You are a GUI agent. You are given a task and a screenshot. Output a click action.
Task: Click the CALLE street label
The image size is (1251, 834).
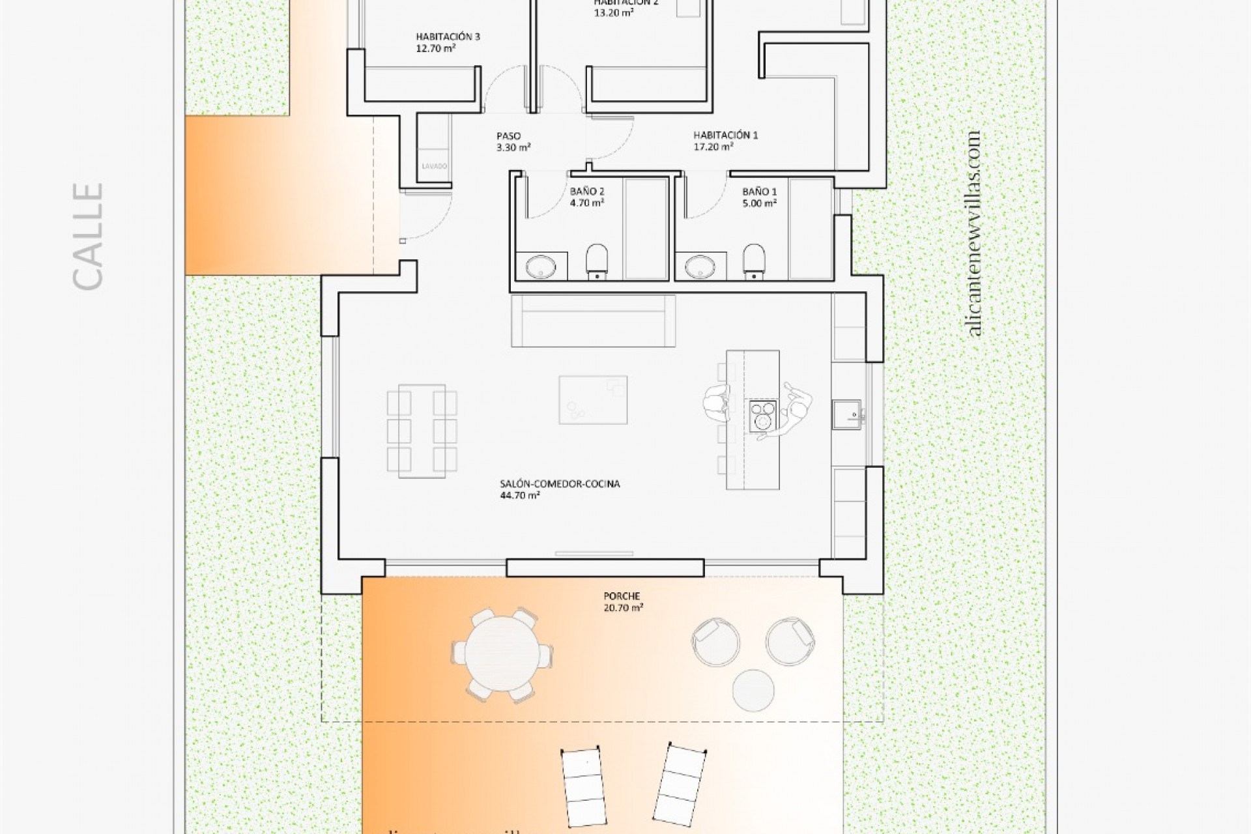coord(87,236)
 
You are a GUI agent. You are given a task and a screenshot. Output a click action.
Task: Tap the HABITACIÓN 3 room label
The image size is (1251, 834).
coord(448,42)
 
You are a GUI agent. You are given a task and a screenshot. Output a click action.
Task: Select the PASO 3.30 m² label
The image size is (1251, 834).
coord(513,141)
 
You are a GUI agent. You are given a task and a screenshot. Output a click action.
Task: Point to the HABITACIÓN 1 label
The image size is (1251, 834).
coord(725,141)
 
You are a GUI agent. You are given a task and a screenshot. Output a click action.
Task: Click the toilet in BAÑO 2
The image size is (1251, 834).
coord(596,261)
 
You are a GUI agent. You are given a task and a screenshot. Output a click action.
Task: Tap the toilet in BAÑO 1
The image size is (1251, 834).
coord(754,261)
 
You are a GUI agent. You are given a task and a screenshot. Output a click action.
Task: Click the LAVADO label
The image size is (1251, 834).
coord(434,166)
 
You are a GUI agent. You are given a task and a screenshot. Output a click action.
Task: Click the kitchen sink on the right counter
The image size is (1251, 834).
coord(846,414)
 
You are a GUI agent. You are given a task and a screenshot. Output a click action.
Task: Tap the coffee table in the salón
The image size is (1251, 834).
coord(593,399)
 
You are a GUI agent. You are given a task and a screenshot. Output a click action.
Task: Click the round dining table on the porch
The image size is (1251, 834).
coord(501,655)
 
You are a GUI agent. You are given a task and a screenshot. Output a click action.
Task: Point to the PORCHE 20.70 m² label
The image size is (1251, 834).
coord(622,601)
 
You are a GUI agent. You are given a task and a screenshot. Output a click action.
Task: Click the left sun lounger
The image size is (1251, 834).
coord(584,787)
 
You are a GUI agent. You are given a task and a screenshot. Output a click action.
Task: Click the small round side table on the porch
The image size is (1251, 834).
coord(753,690)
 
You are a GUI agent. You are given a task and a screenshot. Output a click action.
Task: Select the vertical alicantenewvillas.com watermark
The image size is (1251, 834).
coord(974,233)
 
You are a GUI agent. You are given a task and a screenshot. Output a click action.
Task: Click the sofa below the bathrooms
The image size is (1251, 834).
coord(594,321)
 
